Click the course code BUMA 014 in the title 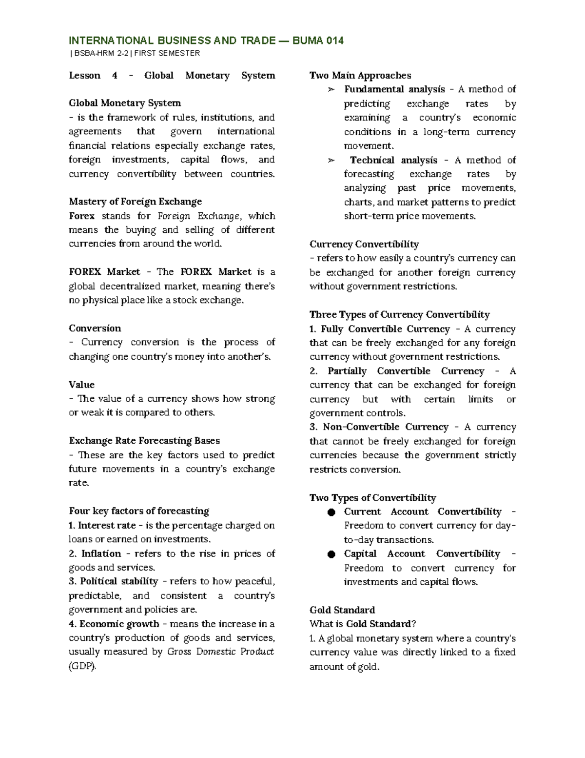[x=318, y=41]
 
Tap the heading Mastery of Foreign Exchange [x=135, y=202]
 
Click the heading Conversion [x=95, y=328]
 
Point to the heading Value [x=81, y=385]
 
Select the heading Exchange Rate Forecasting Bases [x=144, y=441]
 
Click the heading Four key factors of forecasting [x=139, y=511]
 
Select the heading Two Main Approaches [x=360, y=75]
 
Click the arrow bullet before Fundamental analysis [x=331, y=90]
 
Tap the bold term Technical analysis [x=393, y=160]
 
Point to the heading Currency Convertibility [x=364, y=244]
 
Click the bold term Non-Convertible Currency [x=385, y=427]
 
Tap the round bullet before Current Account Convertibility [x=331, y=512]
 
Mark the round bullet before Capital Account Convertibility [x=331, y=554]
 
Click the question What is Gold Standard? [x=363, y=624]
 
